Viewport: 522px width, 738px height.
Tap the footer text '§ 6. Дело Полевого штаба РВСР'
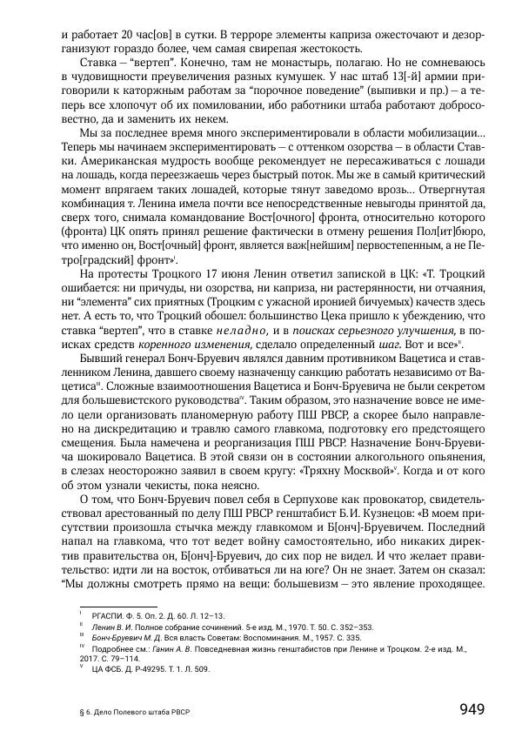coord(133,711)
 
